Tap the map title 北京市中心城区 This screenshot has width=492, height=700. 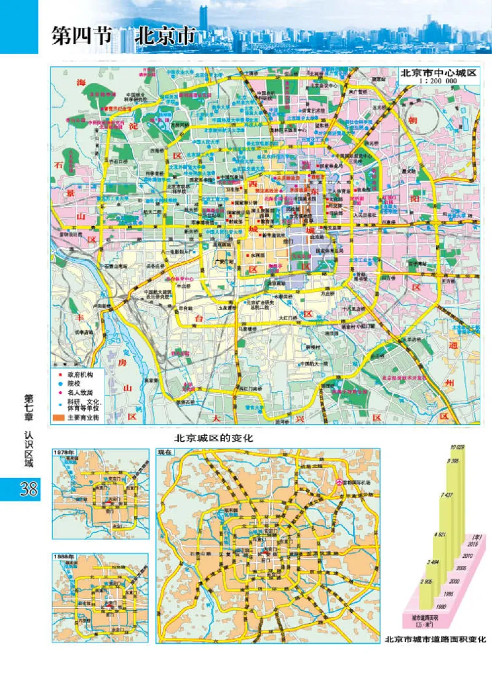point(438,73)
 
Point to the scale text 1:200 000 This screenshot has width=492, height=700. point(438,81)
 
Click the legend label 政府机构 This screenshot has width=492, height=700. point(78,373)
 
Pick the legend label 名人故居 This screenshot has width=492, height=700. point(78,391)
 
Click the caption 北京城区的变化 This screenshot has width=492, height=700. point(213,439)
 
